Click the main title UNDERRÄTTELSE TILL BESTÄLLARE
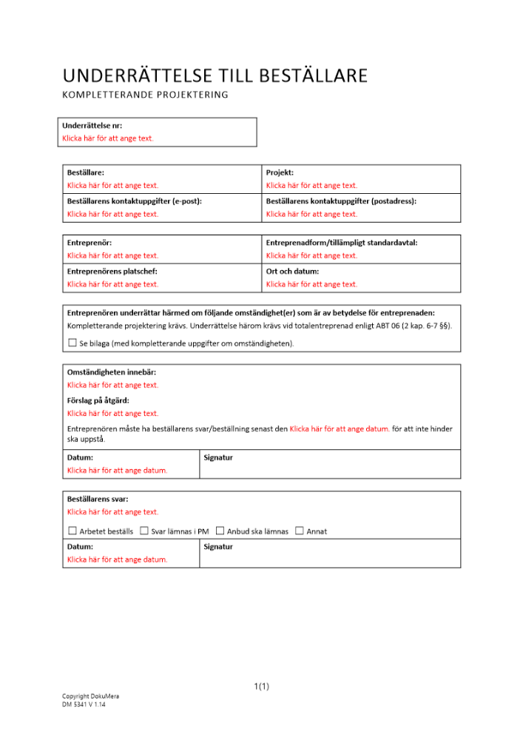(x=215, y=75)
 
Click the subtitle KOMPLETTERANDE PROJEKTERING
(x=145, y=95)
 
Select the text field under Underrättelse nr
(x=108, y=138)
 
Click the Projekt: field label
(x=280, y=172)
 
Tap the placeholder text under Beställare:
(x=112, y=186)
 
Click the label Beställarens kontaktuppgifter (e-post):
(x=134, y=201)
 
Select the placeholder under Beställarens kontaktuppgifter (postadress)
(x=311, y=215)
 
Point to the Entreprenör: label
(x=90, y=242)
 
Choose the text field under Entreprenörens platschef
(x=112, y=284)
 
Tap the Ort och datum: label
(x=292, y=271)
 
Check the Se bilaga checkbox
(x=72, y=343)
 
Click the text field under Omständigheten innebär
(x=112, y=386)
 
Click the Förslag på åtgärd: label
(x=98, y=400)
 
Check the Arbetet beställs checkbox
(x=72, y=531)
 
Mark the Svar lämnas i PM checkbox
(x=144, y=531)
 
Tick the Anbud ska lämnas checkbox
(x=220, y=531)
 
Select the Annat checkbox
(x=299, y=531)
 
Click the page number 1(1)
(x=261, y=687)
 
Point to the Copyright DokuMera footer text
(x=90, y=696)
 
